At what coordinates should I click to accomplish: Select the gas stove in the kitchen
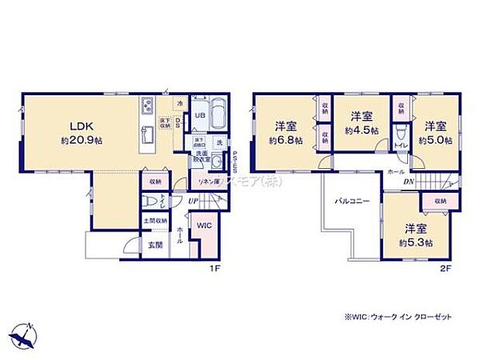pos(148,106)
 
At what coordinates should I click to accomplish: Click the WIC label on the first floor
pos(204,226)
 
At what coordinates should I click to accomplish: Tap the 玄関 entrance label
pos(155,245)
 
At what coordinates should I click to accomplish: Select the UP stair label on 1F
pos(192,201)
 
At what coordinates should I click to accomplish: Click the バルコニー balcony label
pos(351,201)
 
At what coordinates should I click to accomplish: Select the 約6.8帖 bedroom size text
pos(284,141)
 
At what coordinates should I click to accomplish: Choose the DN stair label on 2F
pos(408,182)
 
